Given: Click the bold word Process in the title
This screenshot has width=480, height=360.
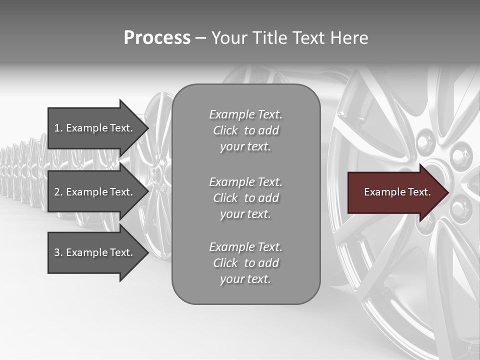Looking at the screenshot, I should (x=157, y=38).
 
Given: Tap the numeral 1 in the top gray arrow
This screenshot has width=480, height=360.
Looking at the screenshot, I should (x=57, y=128).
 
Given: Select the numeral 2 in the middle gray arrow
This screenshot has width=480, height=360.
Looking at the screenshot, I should (x=57, y=192).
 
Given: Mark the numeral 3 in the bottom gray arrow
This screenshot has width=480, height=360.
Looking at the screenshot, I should (x=57, y=252).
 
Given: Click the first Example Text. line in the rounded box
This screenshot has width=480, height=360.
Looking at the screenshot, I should (x=245, y=114).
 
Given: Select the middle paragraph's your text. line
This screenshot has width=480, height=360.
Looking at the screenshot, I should (x=245, y=214).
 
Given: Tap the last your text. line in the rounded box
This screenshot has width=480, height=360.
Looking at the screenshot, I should (x=245, y=279).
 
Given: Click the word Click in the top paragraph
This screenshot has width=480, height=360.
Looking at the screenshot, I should (x=225, y=130).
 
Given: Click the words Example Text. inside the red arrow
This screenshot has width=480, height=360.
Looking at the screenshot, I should (x=397, y=192).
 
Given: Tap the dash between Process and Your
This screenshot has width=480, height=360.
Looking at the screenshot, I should (x=201, y=38).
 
